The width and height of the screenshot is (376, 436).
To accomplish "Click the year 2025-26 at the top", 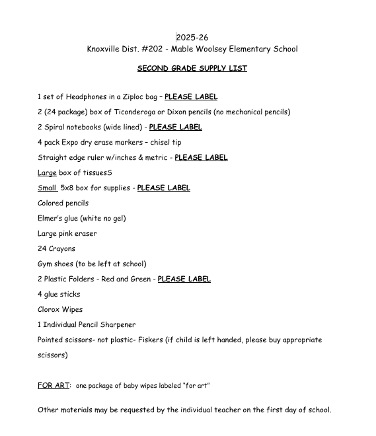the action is tap(192, 38).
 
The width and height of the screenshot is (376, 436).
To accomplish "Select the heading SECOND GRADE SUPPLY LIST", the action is tap(192, 69).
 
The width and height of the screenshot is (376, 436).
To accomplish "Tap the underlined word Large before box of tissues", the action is tap(47, 173).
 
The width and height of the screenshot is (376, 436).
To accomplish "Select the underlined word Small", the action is tap(47, 188).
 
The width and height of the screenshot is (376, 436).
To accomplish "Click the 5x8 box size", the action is tap(67, 188).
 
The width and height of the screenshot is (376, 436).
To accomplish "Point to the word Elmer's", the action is tap(52, 219).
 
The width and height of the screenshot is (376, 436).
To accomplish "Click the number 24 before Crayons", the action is tap(42, 249).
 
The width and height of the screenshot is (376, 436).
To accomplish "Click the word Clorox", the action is tap(50, 310).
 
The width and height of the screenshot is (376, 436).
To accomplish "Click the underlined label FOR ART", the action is tap(53, 386).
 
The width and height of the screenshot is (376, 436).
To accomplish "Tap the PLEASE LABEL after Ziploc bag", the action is tap(191, 97).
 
